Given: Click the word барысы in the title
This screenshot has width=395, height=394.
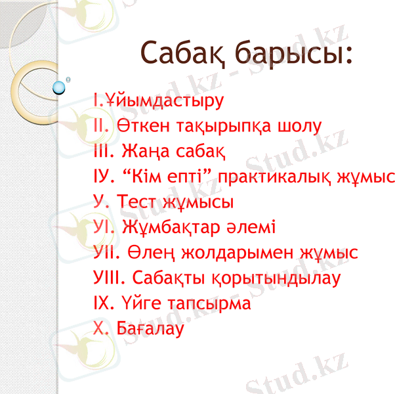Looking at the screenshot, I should (x=295, y=53).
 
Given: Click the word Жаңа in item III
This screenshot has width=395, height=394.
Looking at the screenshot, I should (x=146, y=152).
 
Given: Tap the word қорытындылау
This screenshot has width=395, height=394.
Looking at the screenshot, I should (x=285, y=278).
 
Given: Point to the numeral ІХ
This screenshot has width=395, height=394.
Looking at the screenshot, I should (x=102, y=304).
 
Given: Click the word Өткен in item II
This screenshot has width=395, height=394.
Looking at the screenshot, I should (x=140, y=126).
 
